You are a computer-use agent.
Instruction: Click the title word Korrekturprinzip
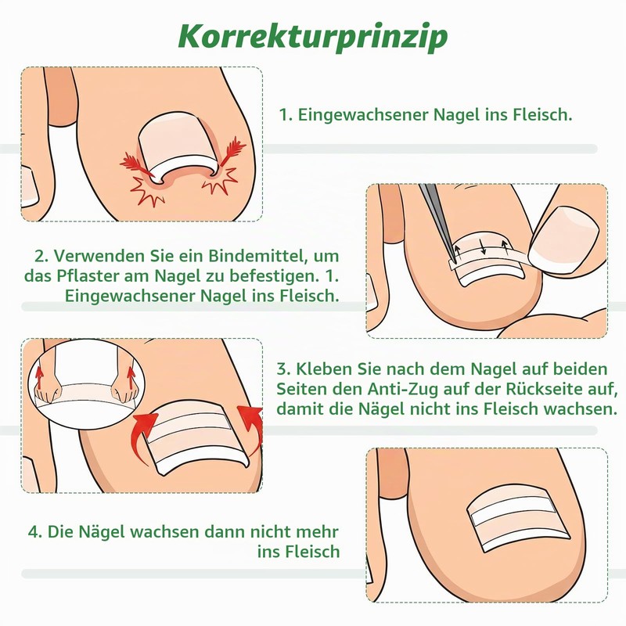(313, 37)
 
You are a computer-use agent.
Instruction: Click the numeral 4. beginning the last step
(35, 532)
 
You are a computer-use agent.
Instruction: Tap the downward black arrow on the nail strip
(484, 246)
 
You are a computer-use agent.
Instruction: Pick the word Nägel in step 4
(102, 532)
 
